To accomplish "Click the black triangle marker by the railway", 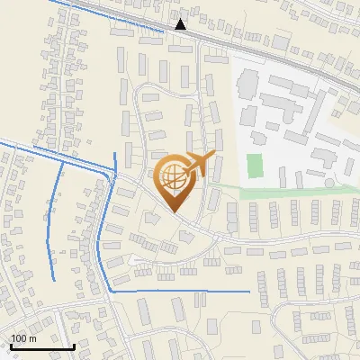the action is tap(181, 24).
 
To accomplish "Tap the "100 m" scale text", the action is tap(23, 338).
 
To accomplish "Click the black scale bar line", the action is tap(41, 346).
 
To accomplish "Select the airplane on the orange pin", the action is tap(199, 165).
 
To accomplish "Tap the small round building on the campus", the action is tap(329, 183).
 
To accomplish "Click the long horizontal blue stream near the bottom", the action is tap(180, 292).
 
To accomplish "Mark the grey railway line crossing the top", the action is tap(270, 53).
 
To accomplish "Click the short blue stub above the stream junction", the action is tap(116, 163).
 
